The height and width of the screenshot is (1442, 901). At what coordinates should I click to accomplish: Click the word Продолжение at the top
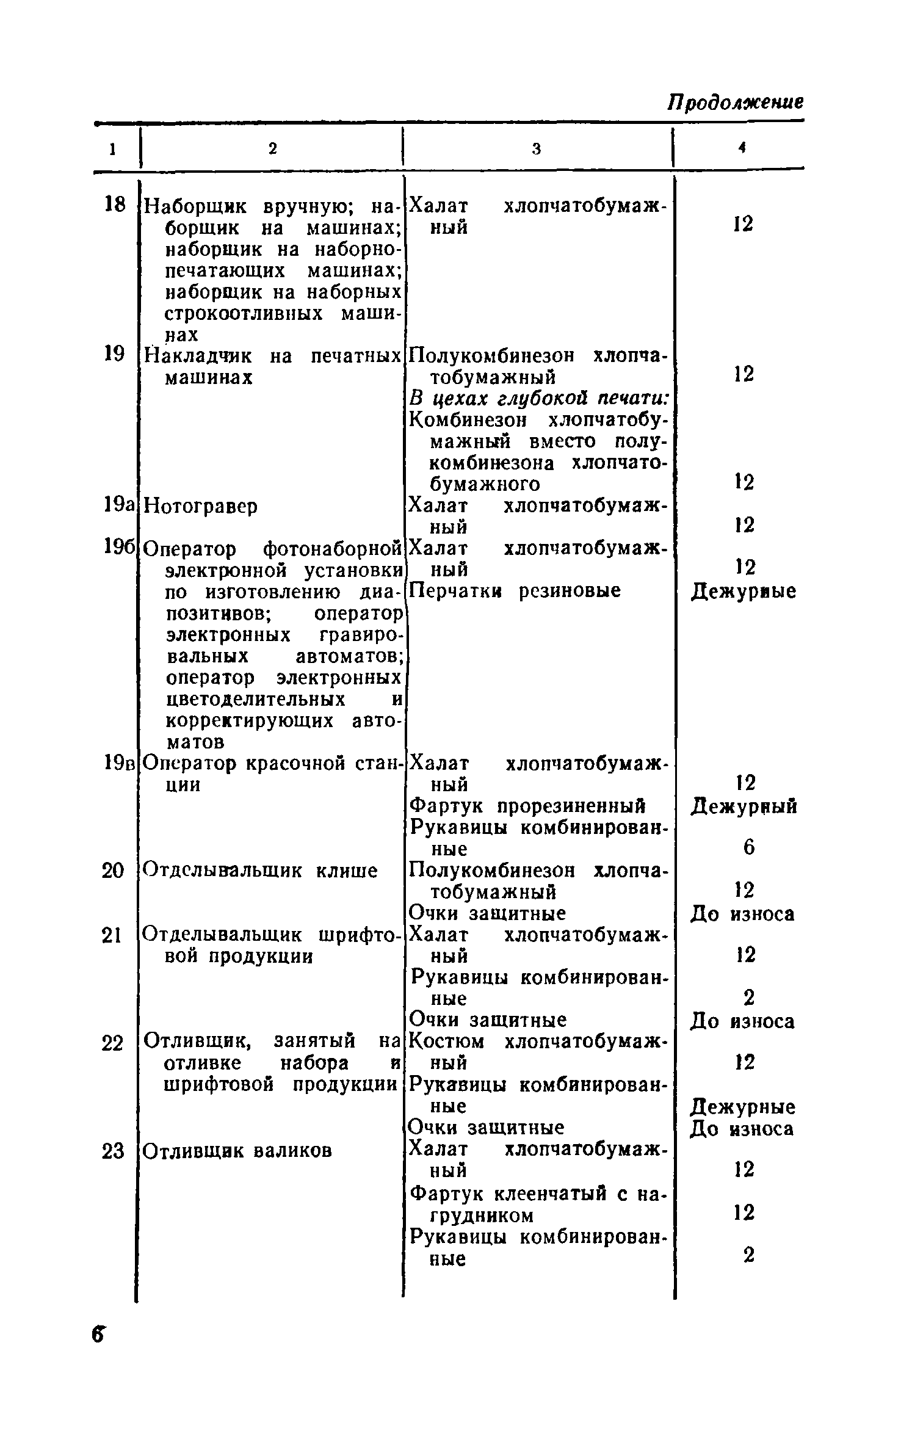pos(735,102)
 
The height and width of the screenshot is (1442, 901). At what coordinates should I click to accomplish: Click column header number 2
pos(272,148)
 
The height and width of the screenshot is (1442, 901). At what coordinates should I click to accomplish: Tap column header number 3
pos(537,148)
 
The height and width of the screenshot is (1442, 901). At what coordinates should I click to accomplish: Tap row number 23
pos(113,1151)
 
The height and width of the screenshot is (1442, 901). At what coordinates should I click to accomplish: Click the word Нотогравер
pos(201,506)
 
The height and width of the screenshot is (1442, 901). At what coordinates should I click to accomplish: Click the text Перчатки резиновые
pos(515,590)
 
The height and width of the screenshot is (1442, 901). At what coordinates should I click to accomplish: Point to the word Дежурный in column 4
pos(744,806)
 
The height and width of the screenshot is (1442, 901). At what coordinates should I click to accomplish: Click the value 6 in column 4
pos(749,847)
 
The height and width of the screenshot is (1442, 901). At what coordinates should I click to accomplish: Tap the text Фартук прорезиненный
pos(527,806)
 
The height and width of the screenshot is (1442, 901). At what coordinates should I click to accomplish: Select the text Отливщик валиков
pos(238,1151)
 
